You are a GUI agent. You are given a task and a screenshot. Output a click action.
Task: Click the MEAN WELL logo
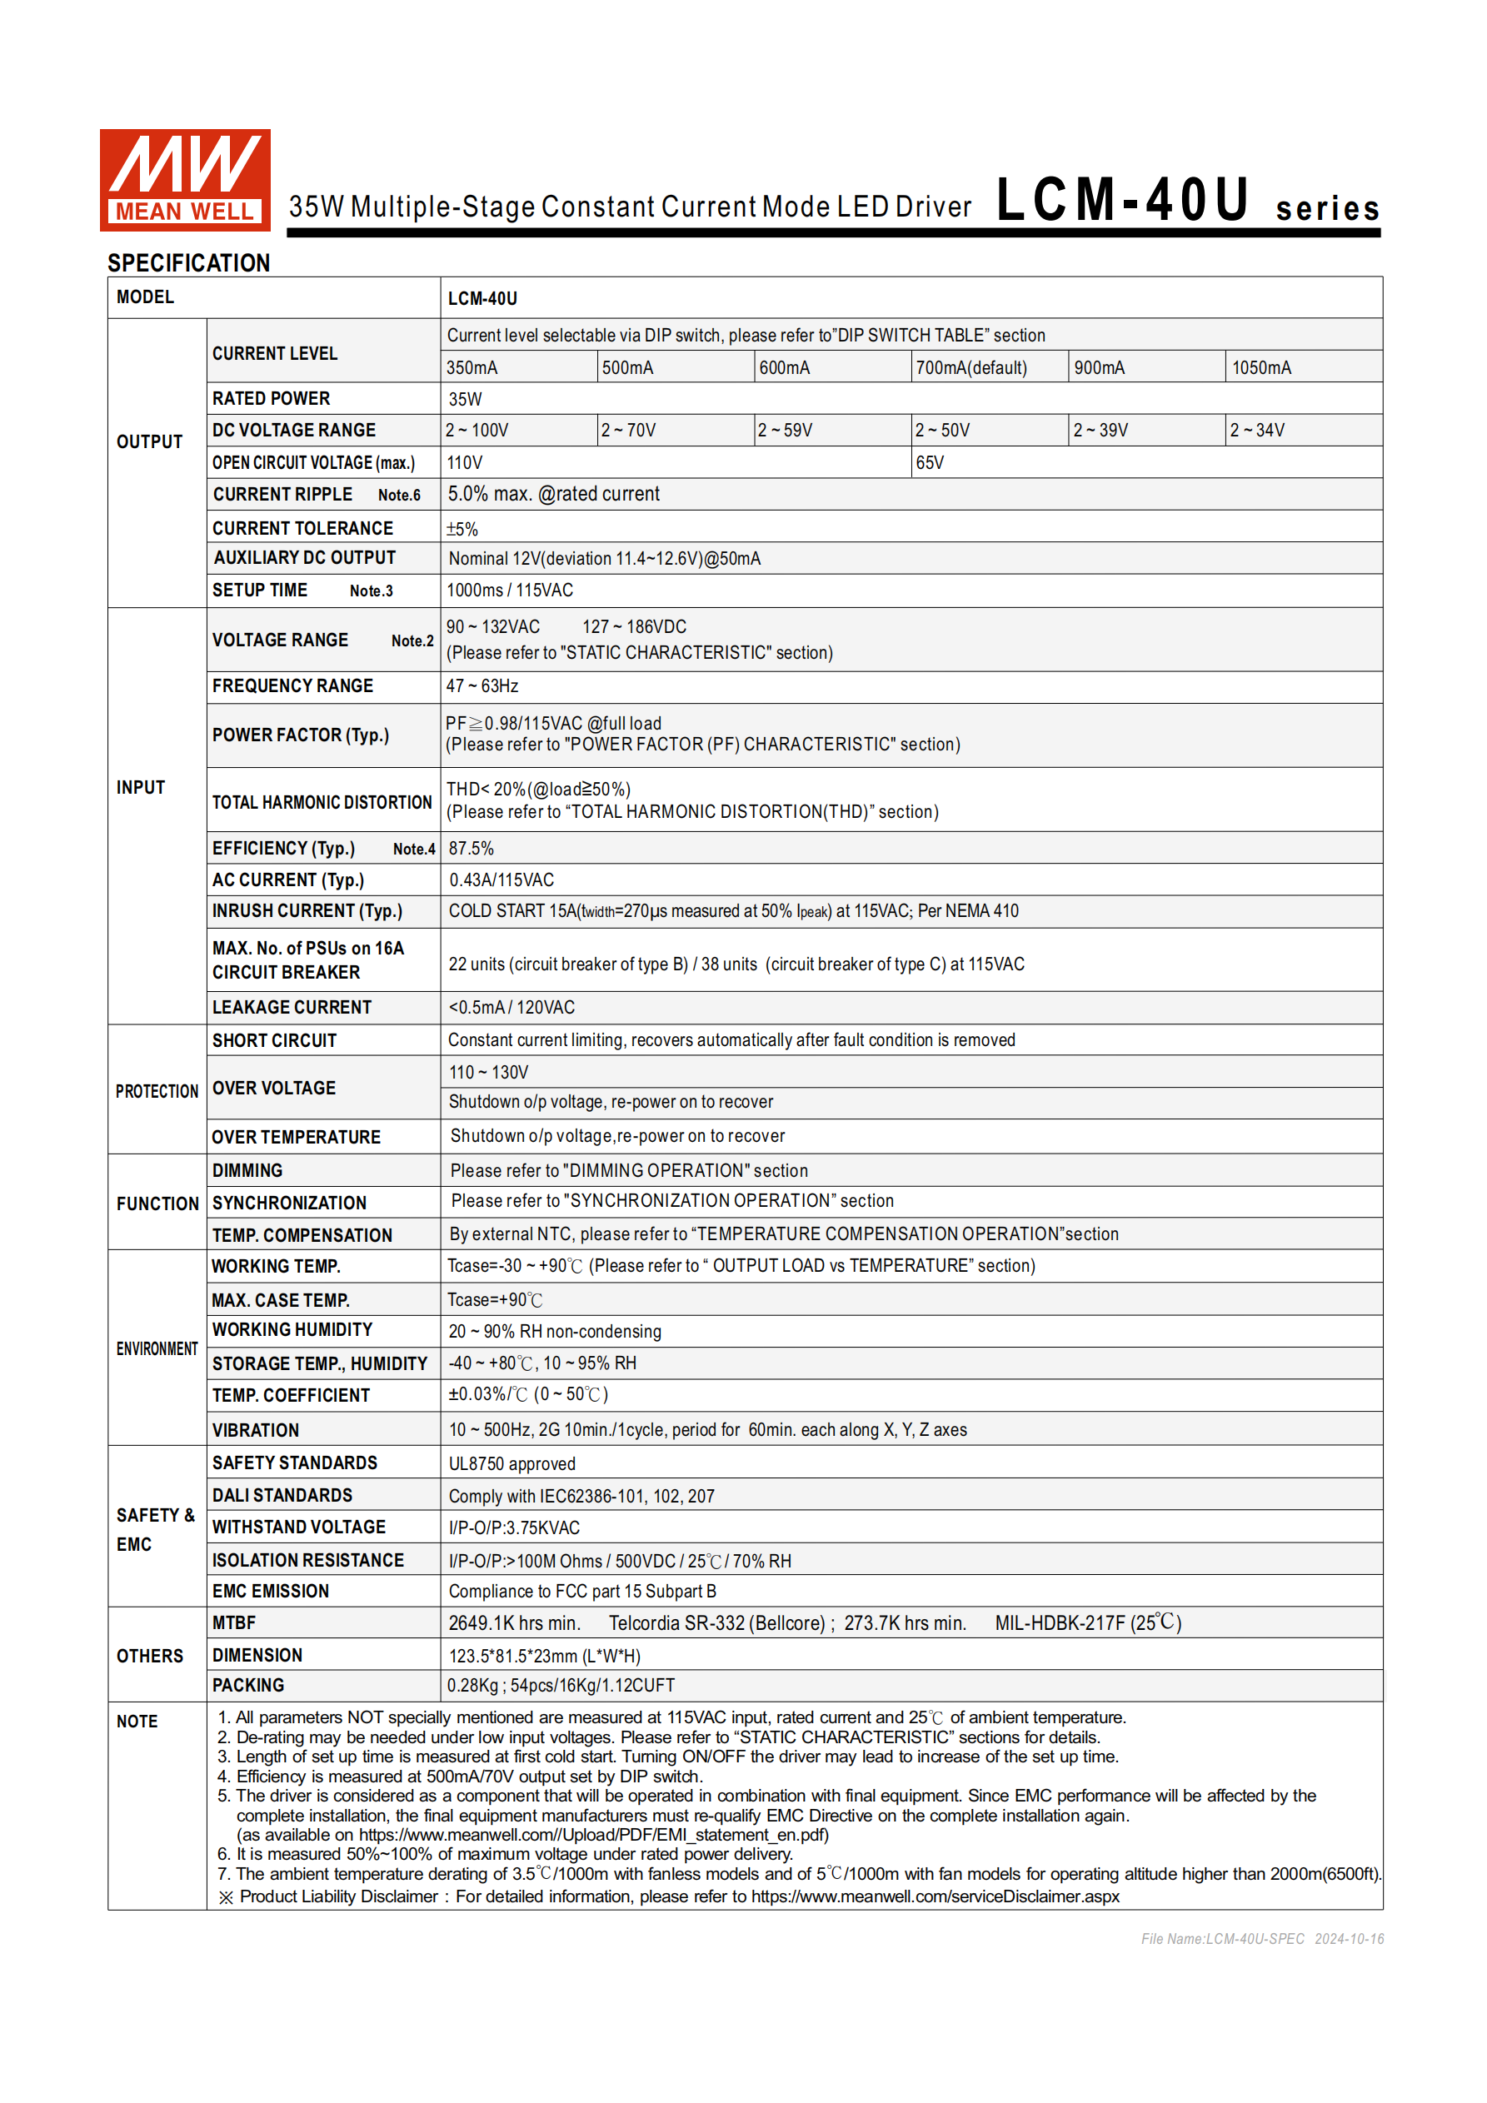pos(185,180)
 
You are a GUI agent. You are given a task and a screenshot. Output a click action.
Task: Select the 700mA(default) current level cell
pos(971,367)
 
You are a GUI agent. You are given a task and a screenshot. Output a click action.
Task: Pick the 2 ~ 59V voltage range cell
pos(786,431)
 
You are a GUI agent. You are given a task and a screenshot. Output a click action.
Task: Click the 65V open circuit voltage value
pos(930,462)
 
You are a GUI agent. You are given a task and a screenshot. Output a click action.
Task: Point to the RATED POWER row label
pos(272,398)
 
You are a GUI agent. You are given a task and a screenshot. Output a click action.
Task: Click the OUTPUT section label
pos(149,441)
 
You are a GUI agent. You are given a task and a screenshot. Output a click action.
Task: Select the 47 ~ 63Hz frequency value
pos(482,686)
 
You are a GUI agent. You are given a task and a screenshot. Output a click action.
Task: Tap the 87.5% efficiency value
pos(471,848)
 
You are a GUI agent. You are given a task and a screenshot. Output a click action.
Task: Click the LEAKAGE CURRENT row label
pos(292,1007)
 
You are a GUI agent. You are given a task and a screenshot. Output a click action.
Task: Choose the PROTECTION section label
pos(157,1091)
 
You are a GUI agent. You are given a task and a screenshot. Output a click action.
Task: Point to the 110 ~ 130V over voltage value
pos(488,1072)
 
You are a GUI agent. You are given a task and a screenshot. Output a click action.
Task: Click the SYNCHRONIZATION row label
pos(290,1203)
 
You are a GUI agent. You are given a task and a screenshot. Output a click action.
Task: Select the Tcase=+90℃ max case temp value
pos(495,1300)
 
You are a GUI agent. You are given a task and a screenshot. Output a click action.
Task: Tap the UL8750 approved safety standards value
pos(512,1463)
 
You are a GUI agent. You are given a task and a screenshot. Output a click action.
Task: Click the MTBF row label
pos(235,1622)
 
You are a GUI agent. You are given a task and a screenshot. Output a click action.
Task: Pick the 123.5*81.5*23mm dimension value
pos(544,1655)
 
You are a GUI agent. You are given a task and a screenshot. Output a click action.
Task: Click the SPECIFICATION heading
pos(189,263)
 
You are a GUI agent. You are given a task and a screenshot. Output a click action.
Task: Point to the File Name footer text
pos(1261,1938)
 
